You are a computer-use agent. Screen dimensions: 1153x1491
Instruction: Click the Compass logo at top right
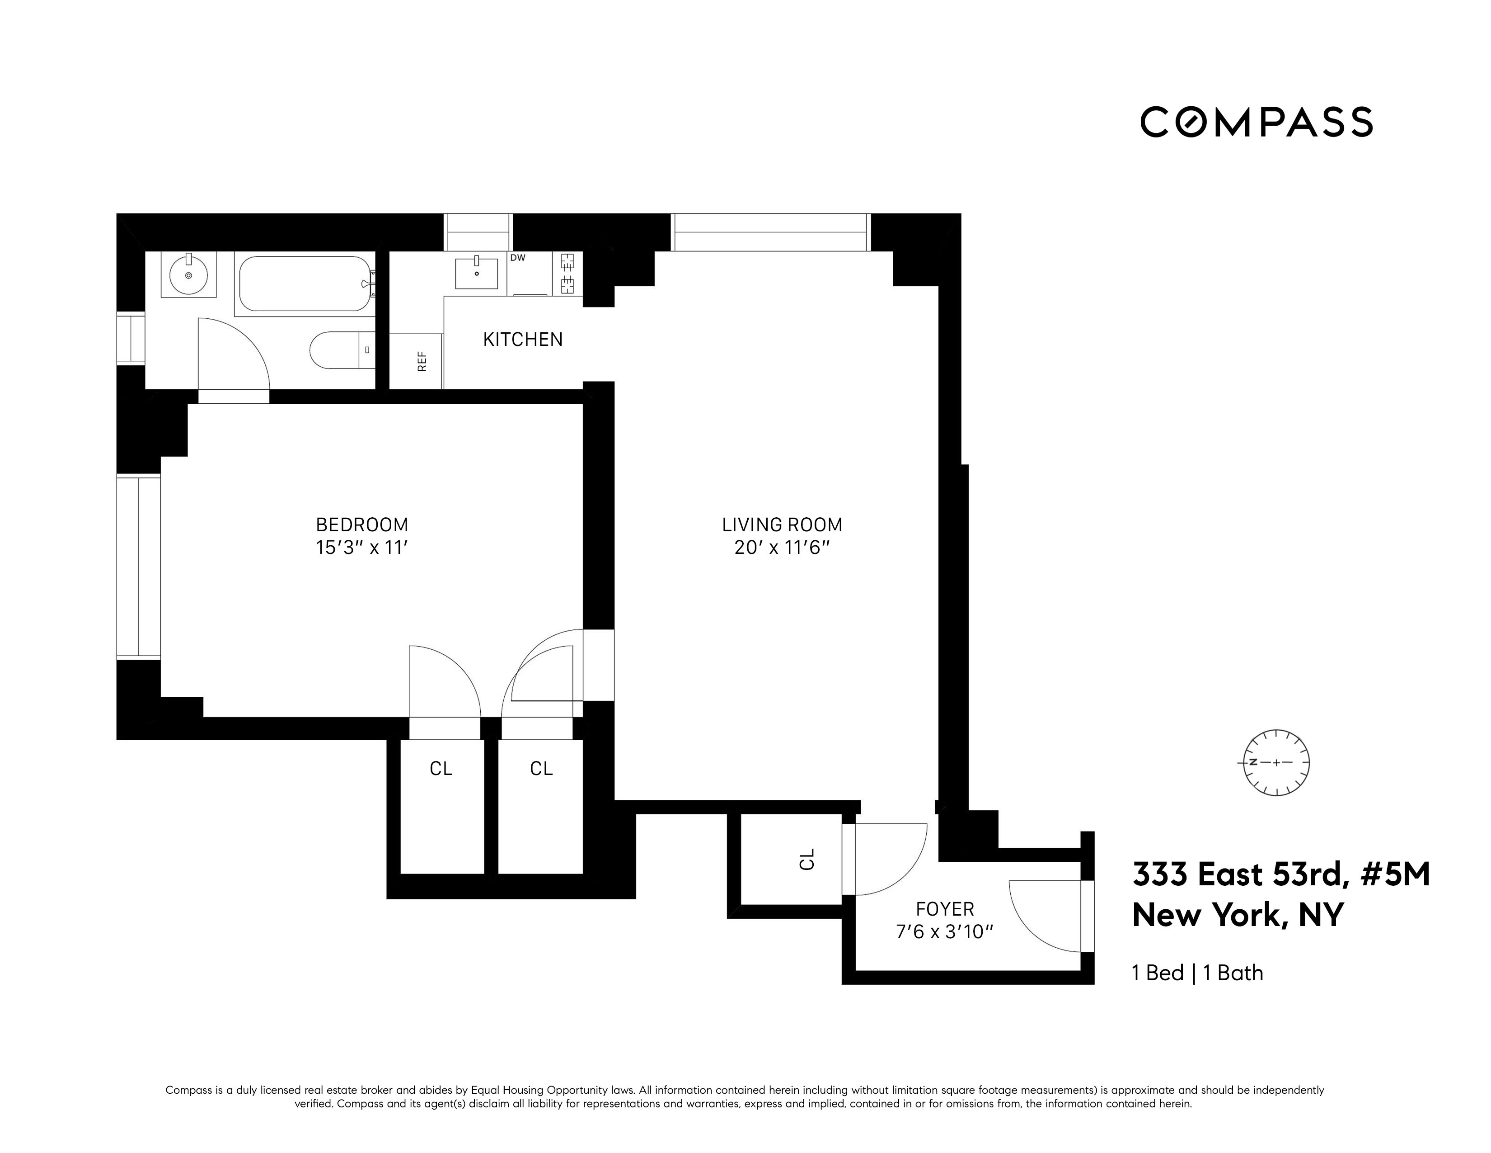(1256, 122)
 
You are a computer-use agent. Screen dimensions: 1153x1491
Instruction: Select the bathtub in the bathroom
(305, 284)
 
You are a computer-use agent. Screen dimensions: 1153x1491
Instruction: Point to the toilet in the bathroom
(341, 350)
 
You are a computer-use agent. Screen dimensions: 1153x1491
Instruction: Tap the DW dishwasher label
(517, 258)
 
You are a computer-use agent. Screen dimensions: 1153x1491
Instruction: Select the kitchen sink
(477, 273)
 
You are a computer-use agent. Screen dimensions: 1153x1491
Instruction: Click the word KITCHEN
(523, 340)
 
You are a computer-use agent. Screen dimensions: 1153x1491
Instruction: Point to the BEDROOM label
(362, 525)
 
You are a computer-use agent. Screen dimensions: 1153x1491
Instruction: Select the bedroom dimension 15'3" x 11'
(362, 548)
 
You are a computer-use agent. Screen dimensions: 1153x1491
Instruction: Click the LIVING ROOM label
(783, 525)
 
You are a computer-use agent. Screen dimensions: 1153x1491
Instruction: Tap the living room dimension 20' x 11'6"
(783, 548)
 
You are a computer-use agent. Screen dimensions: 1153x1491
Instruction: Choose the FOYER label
(945, 909)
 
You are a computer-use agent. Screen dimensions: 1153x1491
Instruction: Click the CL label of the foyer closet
(807, 859)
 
